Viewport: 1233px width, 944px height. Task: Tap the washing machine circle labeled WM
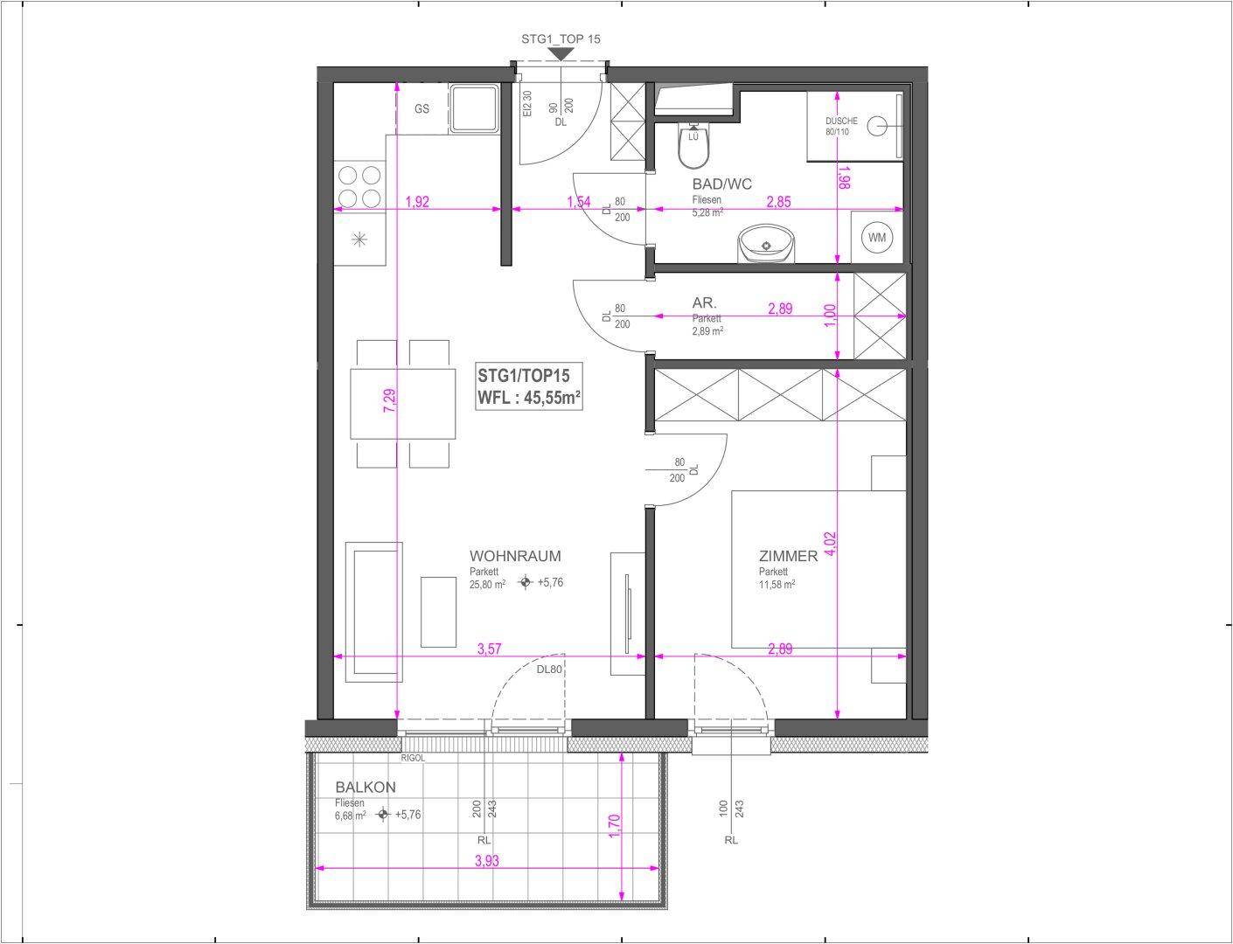(x=877, y=237)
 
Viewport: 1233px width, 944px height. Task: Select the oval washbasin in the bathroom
(x=766, y=244)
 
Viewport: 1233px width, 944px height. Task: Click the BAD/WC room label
(x=721, y=184)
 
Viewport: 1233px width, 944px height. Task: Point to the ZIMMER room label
(x=788, y=556)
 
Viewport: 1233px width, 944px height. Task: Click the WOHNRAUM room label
(x=515, y=556)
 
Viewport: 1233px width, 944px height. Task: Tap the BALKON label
(x=366, y=787)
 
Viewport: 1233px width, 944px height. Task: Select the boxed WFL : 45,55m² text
(x=529, y=398)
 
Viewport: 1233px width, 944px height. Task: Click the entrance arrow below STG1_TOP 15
(x=561, y=54)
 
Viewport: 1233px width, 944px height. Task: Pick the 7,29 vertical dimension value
(x=390, y=400)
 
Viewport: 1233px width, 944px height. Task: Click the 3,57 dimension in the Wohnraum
(x=489, y=649)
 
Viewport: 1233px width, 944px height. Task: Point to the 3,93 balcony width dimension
(x=487, y=861)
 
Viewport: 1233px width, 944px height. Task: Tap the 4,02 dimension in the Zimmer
(x=830, y=543)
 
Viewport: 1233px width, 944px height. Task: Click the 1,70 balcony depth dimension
(x=615, y=826)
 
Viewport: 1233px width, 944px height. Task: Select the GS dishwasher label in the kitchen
(x=421, y=108)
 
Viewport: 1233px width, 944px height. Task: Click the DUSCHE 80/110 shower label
(x=841, y=126)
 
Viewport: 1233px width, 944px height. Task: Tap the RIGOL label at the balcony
(x=413, y=758)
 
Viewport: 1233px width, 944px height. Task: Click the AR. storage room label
(x=704, y=302)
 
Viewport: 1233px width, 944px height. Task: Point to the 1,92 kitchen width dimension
(x=417, y=201)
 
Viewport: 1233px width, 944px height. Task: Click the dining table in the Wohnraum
(x=403, y=404)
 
